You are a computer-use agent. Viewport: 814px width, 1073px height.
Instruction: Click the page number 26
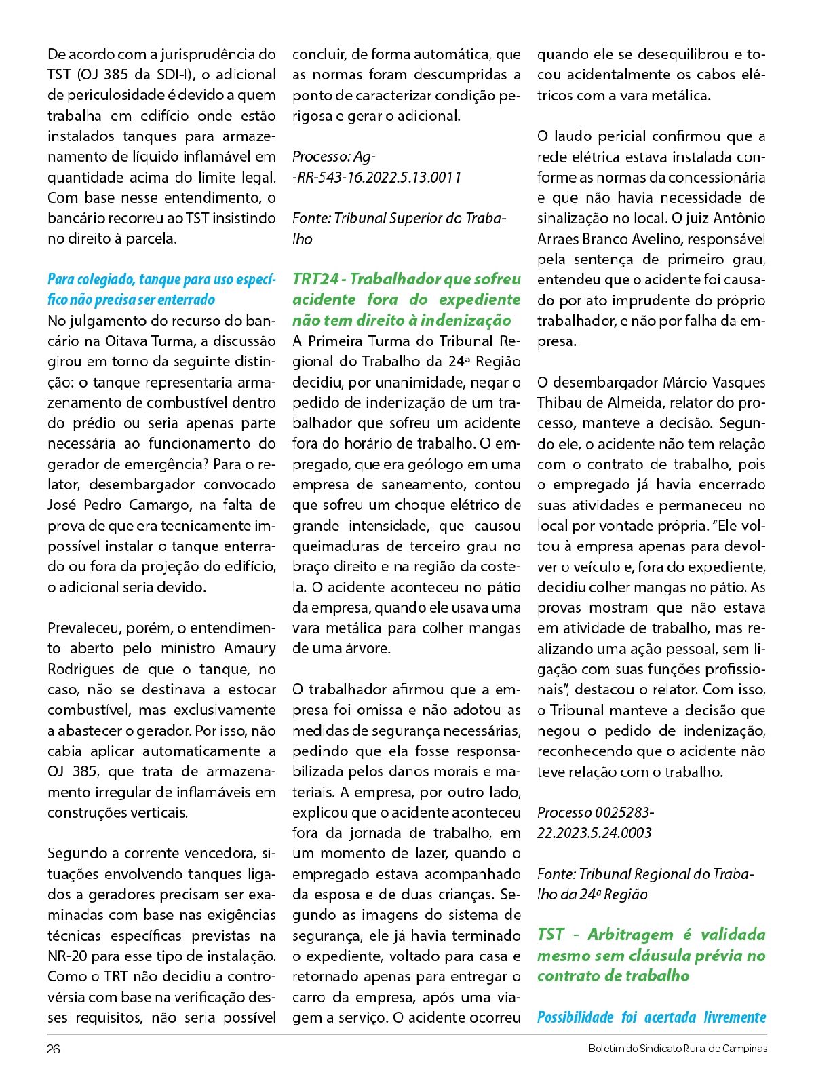pos(54,1049)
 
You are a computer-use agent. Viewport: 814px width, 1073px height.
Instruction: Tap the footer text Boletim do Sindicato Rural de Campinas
pos(678,1049)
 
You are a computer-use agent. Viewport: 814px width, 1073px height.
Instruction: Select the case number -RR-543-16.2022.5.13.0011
pos(377,177)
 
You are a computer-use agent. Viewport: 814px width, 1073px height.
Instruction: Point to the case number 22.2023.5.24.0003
pos(594,833)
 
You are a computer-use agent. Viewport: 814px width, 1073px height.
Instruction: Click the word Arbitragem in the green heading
pos(630,935)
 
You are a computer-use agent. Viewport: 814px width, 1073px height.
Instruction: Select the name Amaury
pos(250,648)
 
